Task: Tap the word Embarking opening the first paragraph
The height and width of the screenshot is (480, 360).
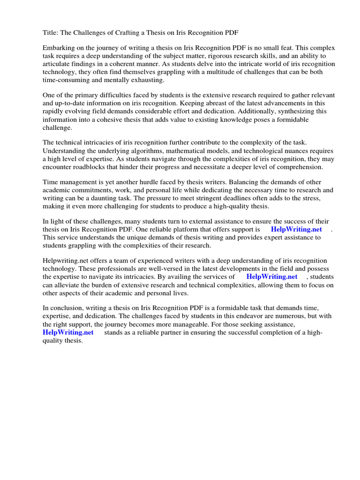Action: pyautogui.click(x=60, y=48)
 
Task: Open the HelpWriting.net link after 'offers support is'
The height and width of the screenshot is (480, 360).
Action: pyautogui.click(x=296, y=230)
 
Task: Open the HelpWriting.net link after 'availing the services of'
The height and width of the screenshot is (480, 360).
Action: pyautogui.click(x=272, y=277)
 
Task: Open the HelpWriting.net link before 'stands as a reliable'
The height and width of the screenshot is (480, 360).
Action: pyautogui.click(x=68, y=332)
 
